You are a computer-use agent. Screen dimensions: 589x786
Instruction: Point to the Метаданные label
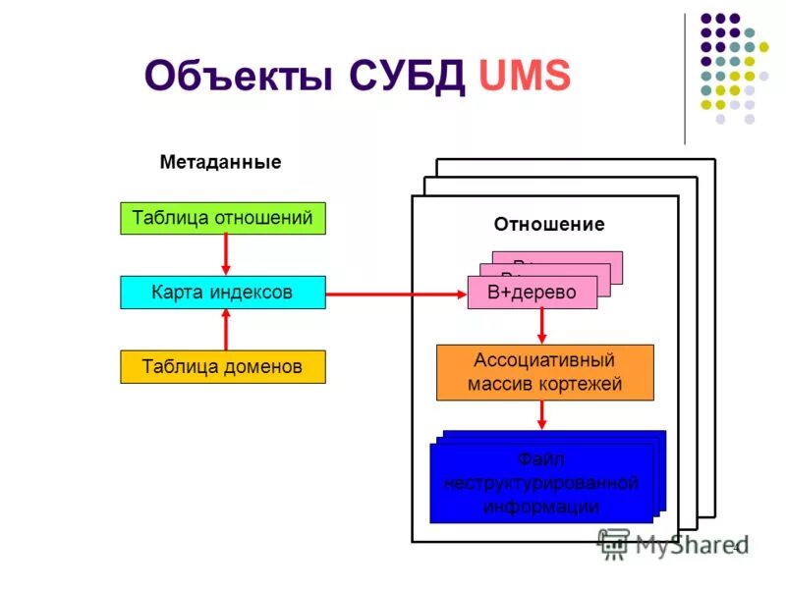pos(220,162)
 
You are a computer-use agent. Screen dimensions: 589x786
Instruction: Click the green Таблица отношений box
pos(222,218)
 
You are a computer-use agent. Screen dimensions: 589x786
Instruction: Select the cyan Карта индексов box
pos(222,293)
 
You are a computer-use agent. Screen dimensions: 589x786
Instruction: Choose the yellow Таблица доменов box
pos(222,367)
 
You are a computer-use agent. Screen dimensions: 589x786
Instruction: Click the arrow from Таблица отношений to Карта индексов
pos(226,254)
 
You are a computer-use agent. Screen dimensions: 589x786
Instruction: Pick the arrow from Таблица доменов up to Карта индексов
pos(226,330)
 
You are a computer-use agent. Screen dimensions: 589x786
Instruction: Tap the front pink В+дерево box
pos(533,293)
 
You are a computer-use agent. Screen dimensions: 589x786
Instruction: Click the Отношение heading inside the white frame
pos(549,224)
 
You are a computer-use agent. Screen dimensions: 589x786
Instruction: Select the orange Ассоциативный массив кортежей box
pos(544,372)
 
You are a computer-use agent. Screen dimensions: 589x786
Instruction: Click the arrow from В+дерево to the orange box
pos(541,326)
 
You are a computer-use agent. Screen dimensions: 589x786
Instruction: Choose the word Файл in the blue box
pos(541,458)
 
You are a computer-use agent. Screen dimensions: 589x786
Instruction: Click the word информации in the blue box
pos(541,507)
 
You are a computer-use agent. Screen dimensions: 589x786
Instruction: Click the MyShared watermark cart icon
pos(613,543)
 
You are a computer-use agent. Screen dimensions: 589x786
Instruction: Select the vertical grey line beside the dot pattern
pos(685,79)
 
